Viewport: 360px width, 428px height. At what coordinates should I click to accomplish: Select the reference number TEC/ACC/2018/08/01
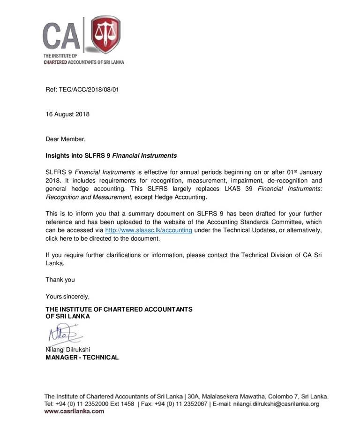[89, 89]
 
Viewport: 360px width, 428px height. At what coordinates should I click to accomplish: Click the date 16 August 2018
[67, 114]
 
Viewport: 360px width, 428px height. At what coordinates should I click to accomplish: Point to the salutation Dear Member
[66, 139]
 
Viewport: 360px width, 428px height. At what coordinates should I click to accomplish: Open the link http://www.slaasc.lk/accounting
[149, 230]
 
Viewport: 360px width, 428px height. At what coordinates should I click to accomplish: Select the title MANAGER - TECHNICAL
[82, 357]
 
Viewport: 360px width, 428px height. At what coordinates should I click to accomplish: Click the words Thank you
[60, 280]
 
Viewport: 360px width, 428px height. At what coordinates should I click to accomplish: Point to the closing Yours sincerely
[67, 296]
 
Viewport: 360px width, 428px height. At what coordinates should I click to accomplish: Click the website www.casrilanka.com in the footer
[74, 411]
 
